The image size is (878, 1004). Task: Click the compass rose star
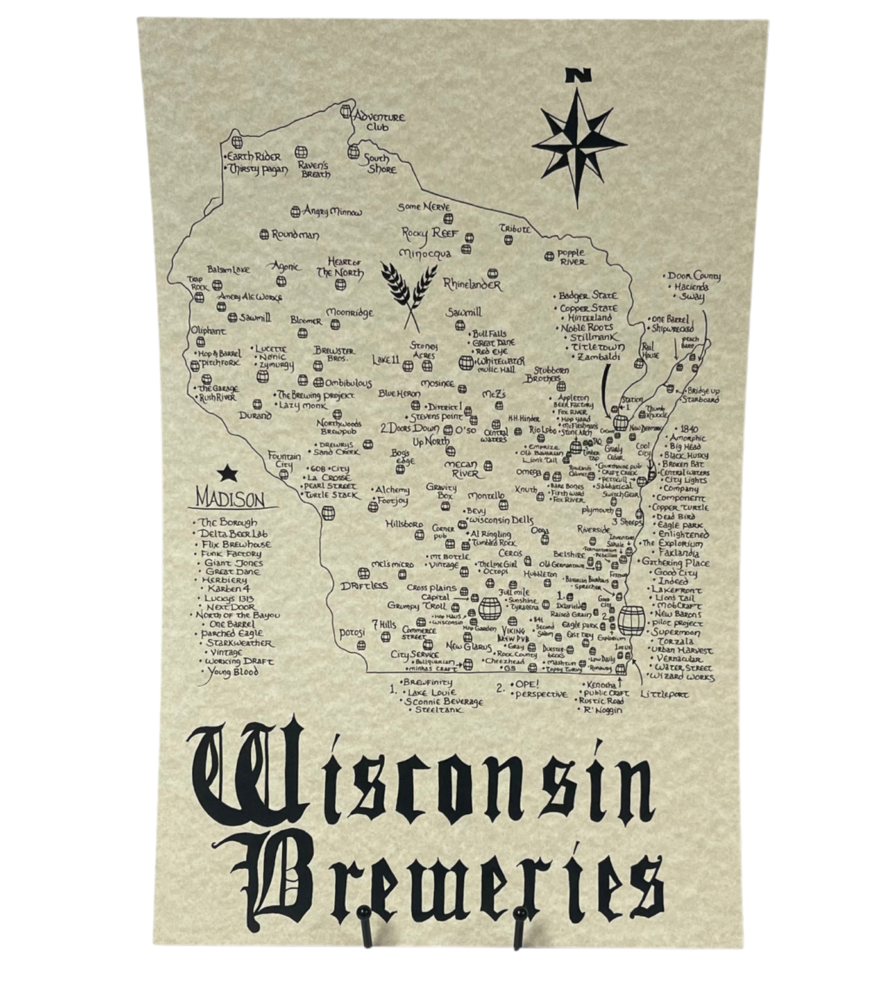tap(579, 144)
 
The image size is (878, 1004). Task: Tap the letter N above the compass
tap(578, 76)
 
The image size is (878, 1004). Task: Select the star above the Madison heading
tap(227, 474)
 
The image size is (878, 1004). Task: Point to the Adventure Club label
tap(379, 121)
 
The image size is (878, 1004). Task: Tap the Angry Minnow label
tap(332, 212)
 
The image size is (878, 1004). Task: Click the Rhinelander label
tap(473, 284)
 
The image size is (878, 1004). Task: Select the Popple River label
tap(571, 257)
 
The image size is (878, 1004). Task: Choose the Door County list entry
tap(694, 276)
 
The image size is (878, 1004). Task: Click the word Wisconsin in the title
tap(420, 776)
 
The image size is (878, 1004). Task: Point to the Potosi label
tap(352, 633)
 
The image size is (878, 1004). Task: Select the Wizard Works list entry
tap(682, 676)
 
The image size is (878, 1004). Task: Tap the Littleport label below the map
tap(664, 694)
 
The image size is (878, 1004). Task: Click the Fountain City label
tap(284, 460)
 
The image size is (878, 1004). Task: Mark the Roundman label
tap(295, 235)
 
